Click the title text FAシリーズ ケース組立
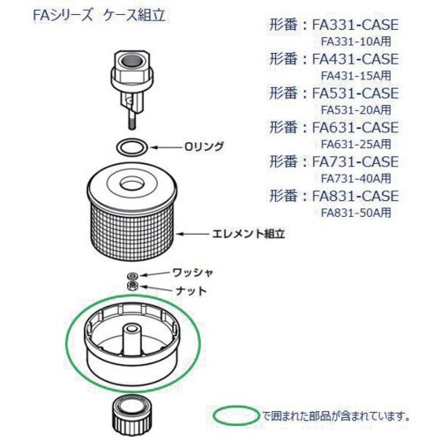100,16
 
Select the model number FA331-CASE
355,25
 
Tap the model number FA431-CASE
355,59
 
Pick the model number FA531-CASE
355,93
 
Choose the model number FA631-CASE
355,127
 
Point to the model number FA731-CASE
355,161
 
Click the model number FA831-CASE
355,196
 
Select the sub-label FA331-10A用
356,41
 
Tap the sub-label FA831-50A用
356,213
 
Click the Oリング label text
204,146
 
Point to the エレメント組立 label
249,234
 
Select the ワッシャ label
192,273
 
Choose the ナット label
191,291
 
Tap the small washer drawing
132,276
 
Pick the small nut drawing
132,285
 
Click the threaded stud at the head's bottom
132,121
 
